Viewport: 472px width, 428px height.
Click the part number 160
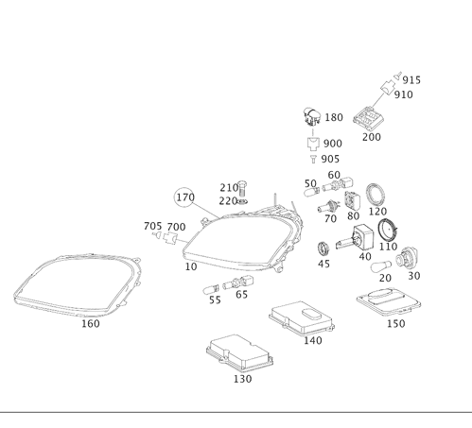90,324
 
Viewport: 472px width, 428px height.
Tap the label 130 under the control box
242,379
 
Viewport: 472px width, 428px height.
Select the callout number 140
312,341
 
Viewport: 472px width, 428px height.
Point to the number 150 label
395,324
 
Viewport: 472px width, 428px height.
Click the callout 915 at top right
411,80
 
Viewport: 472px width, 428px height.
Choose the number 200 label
372,137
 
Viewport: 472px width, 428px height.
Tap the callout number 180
334,118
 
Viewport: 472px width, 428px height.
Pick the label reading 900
332,144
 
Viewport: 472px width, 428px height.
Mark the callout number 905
329,160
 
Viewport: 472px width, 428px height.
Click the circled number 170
185,197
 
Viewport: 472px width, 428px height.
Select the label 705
152,227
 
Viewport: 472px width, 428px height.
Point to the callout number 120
377,213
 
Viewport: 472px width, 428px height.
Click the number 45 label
323,265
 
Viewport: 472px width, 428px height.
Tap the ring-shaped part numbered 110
387,229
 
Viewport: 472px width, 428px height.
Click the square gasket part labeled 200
367,119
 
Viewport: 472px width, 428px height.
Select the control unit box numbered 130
237,351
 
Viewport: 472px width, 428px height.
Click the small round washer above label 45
323,248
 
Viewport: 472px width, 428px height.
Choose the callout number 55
215,300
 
